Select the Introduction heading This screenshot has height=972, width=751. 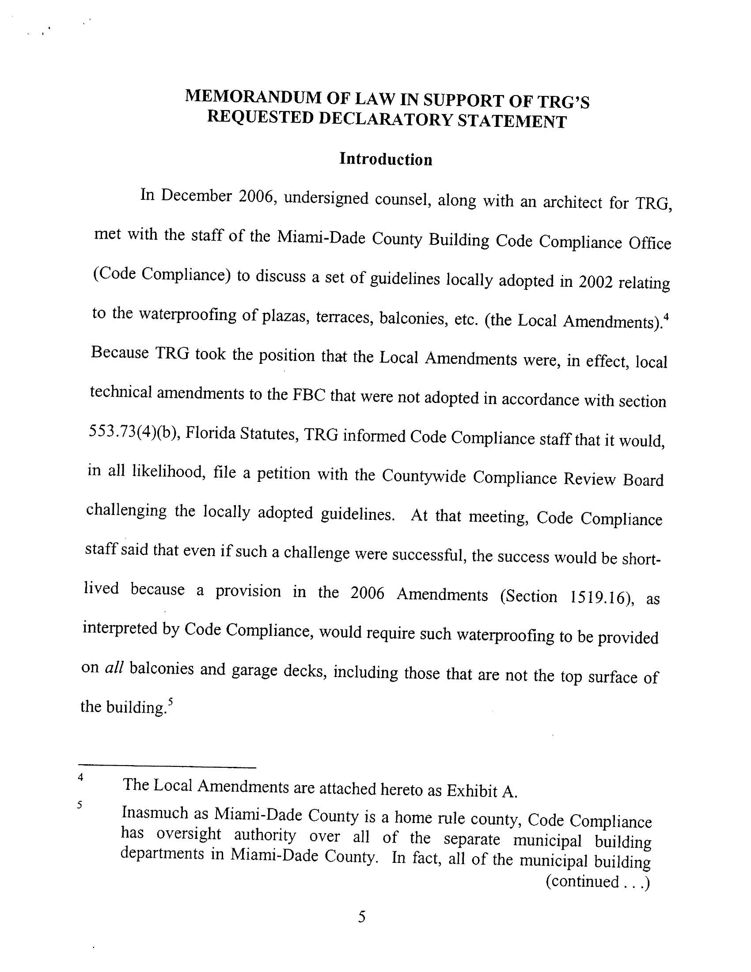coord(385,159)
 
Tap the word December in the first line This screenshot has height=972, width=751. coord(196,196)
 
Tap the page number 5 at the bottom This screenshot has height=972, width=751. coord(362,917)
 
